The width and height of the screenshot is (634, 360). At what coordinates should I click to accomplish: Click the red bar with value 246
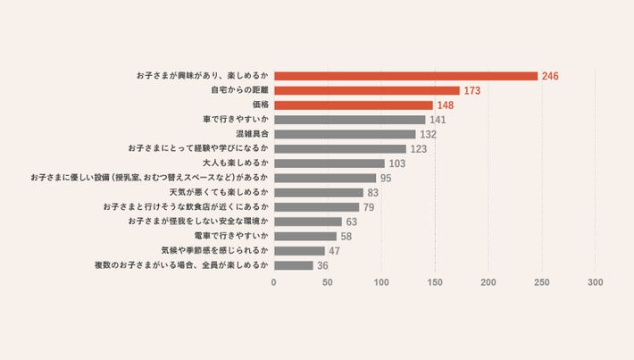point(405,76)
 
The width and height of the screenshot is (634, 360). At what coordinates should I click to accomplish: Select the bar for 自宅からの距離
point(366,90)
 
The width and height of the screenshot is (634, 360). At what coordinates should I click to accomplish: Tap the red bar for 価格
point(353,105)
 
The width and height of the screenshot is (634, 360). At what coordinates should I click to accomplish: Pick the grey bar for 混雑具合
point(345,134)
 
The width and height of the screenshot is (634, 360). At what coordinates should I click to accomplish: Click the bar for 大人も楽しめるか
point(329,163)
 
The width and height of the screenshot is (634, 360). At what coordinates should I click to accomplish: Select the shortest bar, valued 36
point(293,265)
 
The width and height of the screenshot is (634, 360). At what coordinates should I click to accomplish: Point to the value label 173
point(472,91)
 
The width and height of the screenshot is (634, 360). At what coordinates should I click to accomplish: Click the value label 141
point(438,120)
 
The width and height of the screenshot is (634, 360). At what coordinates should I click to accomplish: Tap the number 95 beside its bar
point(386,178)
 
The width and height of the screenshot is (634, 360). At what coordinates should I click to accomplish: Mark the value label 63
point(352,222)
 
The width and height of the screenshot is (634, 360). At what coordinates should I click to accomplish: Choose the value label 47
point(335,251)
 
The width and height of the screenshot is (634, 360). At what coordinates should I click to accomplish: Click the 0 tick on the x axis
point(273,282)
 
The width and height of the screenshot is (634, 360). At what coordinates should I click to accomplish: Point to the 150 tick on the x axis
point(435,282)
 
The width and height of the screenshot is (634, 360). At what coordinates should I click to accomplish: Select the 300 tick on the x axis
point(596,282)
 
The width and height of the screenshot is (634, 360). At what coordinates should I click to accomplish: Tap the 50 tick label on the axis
point(328,282)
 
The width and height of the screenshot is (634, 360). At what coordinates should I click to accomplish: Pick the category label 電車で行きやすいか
point(231,236)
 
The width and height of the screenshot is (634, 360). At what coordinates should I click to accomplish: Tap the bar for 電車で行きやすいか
point(304,236)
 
